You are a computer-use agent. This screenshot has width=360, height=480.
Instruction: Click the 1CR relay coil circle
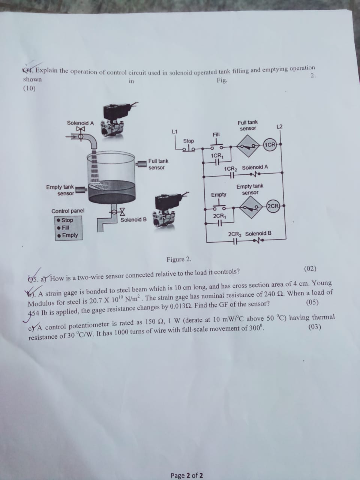270,145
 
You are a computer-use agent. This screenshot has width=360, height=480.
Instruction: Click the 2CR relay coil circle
273,206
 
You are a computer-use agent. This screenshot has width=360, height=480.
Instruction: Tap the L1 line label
174,131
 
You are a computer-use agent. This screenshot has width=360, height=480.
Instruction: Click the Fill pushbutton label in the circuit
216,134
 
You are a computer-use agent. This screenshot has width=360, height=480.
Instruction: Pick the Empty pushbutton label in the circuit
219,195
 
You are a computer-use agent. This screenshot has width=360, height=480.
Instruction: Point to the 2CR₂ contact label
235,234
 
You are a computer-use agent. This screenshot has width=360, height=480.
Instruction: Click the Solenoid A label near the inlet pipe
80,123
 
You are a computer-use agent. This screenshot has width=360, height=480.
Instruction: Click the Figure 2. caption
179,259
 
